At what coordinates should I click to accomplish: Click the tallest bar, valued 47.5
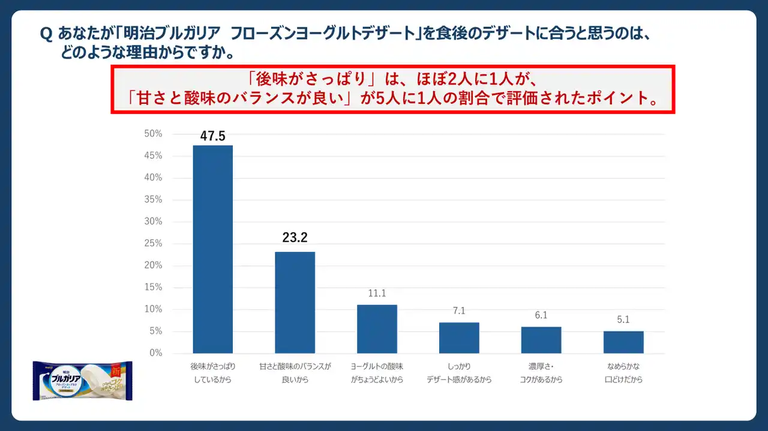(212, 249)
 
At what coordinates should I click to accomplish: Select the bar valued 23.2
(295, 302)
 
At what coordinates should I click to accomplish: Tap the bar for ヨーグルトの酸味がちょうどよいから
(377, 328)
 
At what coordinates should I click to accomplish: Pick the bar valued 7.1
(459, 337)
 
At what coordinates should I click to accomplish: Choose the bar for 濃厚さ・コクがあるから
(541, 340)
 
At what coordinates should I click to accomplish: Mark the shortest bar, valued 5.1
(623, 342)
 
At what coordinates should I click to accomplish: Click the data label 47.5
(212, 136)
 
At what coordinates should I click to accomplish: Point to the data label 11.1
(377, 294)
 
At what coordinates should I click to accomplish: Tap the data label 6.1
(541, 315)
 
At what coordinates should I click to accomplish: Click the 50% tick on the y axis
(154, 134)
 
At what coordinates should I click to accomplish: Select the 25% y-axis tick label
(154, 243)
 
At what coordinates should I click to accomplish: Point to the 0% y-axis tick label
(156, 353)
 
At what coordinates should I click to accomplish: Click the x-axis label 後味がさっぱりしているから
(212, 372)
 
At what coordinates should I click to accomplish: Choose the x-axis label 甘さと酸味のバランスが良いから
(295, 372)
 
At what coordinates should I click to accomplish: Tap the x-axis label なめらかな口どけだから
(623, 372)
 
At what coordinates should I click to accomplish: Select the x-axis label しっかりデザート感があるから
(459, 372)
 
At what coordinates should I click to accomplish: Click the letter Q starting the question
(46, 35)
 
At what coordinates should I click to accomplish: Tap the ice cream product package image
(82, 381)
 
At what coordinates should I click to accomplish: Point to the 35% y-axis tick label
(154, 200)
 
